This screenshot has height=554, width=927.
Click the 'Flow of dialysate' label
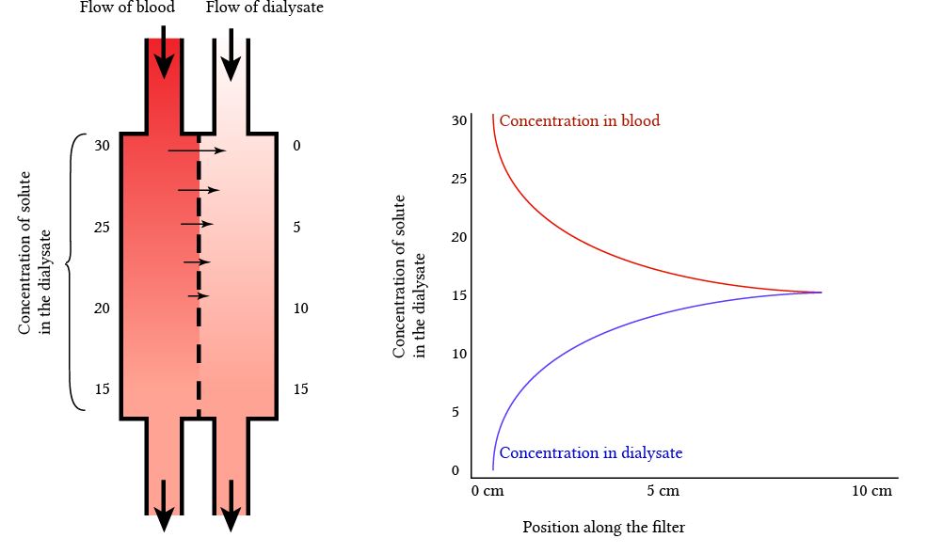pyautogui.click(x=251, y=9)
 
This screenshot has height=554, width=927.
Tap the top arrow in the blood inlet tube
pyautogui.click(x=164, y=55)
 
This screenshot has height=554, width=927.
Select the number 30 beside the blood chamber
pyautogui.click(x=103, y=146)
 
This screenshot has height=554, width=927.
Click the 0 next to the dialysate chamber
pyautogui.click(x=296, y=146)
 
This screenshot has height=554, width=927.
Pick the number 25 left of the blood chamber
pyautogui.click(x=103, y=227)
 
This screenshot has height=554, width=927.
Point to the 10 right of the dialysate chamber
pyautogui.click(x=300, y=309)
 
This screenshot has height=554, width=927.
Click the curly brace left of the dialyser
pyautogui.click(x=73, y=271)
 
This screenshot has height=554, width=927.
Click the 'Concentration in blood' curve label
pyautogui.click(x=579, y=121)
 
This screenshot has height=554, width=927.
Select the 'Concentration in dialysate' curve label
pyautogui.click(x=590, y=453)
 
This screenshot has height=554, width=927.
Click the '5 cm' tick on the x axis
pyautogui.click(x=663, y=492)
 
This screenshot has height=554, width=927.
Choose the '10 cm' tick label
pyautogui.click(x=871, y=492)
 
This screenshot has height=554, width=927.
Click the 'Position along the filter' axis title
pyautogui.click(x=603, y=528)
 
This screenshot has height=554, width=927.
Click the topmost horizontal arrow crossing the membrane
pyautogui.click(x=197, y=150)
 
